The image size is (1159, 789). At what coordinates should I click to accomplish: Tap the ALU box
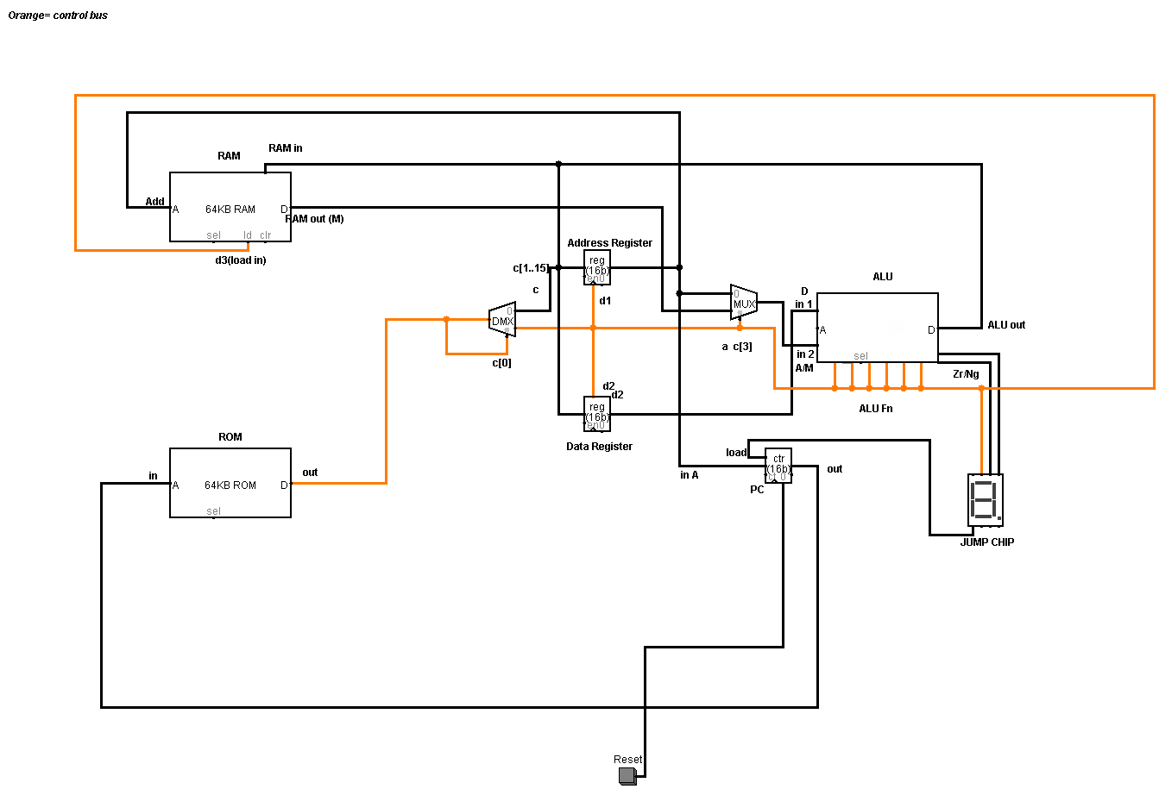tap(877, 328)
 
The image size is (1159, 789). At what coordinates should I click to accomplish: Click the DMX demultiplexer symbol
tap(502, 320)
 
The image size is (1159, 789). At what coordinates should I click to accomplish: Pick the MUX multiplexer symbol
tap(743, 303)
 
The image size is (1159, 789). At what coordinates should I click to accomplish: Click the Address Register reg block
tap(596, 267)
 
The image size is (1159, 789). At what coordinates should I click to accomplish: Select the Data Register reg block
tap(596, 414)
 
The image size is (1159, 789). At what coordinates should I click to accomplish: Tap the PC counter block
tap(778, 466)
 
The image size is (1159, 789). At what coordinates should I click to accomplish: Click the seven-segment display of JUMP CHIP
tap(985, 499)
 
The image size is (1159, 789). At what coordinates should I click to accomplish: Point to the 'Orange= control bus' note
tap(58, 16)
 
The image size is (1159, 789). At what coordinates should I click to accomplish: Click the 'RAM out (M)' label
tap(314, 219)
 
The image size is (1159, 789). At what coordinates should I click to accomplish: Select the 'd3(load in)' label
tap(240, 260)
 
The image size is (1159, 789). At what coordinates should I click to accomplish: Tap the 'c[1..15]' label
tap(531, 268)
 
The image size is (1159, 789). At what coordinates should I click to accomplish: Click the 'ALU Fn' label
tap(875, 409)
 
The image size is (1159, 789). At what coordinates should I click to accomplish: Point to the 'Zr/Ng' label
tap(966, 374)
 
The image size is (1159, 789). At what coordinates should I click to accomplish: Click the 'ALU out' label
tap(1006, 325)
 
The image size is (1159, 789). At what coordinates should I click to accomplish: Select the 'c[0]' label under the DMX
tap(501, 363)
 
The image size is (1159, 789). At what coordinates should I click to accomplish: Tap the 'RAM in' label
tap(285, 148)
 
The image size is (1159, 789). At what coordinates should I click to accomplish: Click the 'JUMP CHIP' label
tap(986, 542)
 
